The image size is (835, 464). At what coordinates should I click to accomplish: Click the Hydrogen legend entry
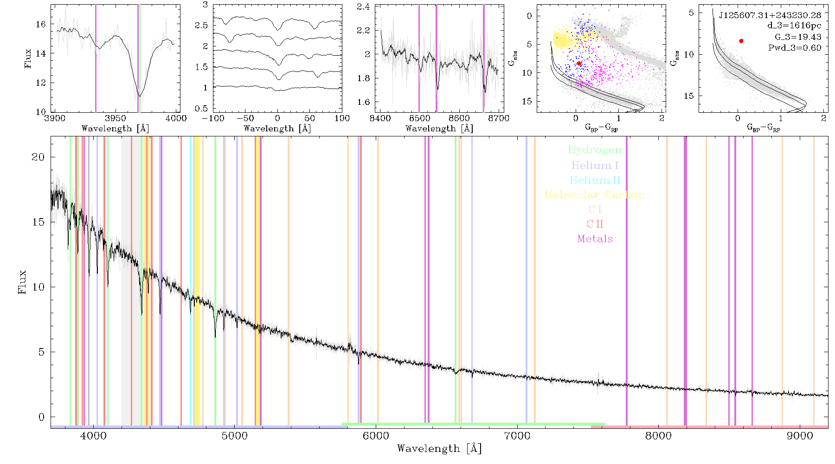[595, 150]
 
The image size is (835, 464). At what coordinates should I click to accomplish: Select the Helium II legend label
[595, 180]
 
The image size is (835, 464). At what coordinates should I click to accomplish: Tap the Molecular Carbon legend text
[595, 195]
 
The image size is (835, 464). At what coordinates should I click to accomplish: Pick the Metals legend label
[595, 239]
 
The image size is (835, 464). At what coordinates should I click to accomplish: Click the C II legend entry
[595, 224]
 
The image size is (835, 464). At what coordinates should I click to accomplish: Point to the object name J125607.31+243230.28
[770, 15]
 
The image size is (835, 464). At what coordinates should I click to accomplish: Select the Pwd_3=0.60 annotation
[795, 48]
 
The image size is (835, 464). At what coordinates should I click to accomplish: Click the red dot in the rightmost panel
[741, 41]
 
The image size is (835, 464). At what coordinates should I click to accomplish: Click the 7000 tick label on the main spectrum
[517, 436]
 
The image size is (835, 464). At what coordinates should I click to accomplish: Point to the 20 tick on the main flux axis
[38, 157]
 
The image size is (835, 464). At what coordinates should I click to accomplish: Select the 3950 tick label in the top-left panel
[116, 118]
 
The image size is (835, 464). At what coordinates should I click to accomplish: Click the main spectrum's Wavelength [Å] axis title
[439, 449]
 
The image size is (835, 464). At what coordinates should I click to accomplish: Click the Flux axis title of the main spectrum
[22, 282]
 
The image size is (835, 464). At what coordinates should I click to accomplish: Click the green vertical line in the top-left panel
[140, 58]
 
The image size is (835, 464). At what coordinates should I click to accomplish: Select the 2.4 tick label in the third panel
[364, 7]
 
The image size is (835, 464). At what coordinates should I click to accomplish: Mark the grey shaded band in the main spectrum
[126, 280]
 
